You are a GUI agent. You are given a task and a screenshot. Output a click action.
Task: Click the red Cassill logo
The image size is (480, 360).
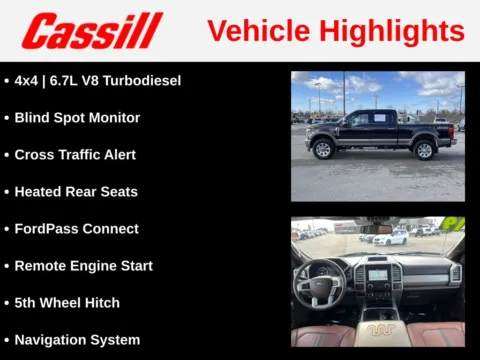92,30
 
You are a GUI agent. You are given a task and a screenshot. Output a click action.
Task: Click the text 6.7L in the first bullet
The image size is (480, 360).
71,80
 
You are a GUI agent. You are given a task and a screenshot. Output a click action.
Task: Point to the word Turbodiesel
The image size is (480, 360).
146,80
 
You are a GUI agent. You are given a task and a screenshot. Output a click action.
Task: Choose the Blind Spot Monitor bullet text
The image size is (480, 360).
77,117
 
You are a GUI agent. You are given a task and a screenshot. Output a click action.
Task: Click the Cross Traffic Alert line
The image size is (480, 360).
75,155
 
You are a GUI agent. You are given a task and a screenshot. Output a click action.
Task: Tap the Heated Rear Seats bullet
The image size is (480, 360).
76,192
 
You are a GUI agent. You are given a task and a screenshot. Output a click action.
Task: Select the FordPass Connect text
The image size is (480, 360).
76,229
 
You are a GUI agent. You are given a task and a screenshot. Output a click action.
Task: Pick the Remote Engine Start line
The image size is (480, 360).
83,266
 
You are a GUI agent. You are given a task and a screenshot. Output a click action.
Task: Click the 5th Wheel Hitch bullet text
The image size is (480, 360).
67,303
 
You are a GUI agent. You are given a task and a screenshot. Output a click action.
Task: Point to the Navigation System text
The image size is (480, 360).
77,340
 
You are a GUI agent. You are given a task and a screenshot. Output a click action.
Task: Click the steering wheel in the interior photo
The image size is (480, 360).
319,283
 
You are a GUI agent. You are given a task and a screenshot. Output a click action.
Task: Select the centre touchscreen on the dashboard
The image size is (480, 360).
379,273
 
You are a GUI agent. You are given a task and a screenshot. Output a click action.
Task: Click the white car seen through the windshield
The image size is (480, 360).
393,239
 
